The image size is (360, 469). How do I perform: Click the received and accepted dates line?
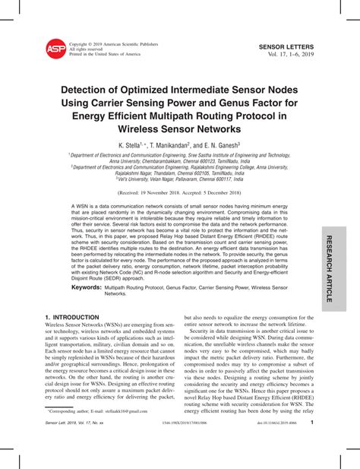click(x=179, y=192)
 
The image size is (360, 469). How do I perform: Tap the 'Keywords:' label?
click(x=86, y=287)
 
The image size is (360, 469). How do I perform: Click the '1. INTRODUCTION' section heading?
click(x=72, y=315)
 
